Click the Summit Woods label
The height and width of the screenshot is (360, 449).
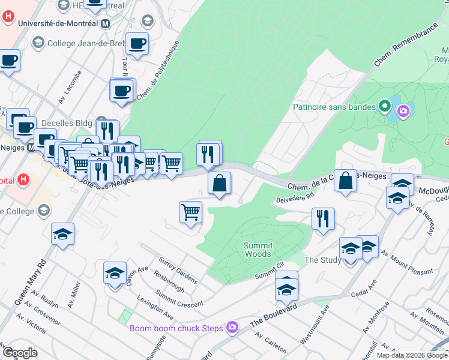pos(259,250)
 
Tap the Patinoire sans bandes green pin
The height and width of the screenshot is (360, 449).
pos(385,108)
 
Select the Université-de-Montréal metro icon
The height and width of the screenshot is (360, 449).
pos(106,23)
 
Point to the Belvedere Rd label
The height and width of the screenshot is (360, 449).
pos(295,197)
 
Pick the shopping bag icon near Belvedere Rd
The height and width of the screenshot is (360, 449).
pos(346,181)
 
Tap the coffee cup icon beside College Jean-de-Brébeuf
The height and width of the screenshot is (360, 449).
pos(137,43)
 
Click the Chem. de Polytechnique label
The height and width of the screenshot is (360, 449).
pos(158,70)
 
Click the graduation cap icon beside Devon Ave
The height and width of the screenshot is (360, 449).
pos(115,273)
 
